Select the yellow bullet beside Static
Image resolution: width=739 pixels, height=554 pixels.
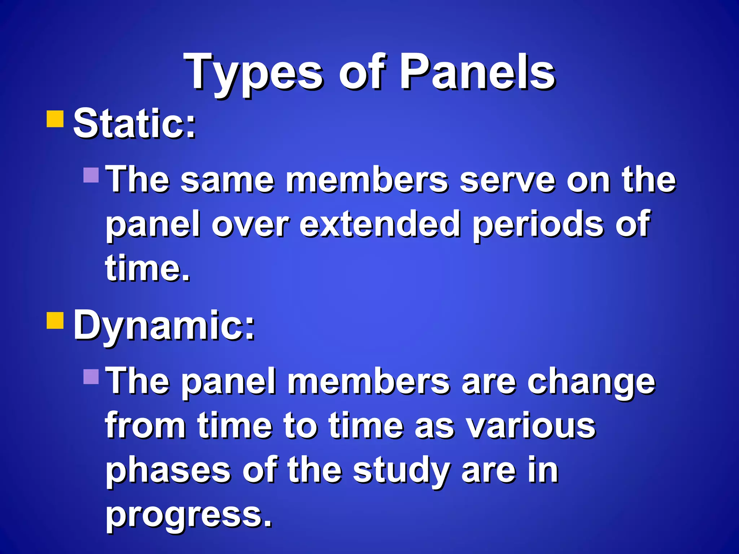click(55, 119)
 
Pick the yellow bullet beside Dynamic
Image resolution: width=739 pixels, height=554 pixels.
click(55, 320)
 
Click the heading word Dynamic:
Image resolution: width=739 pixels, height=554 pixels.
click(164, 325)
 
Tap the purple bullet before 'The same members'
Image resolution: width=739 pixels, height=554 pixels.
click(91, 175)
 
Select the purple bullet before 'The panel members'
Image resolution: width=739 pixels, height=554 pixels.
click(91, 377)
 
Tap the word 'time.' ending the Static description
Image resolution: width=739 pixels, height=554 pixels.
click(147, 268)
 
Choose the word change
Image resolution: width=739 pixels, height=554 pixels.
click(591, 383)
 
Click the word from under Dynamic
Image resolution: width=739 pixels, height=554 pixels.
click(145, 426)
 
